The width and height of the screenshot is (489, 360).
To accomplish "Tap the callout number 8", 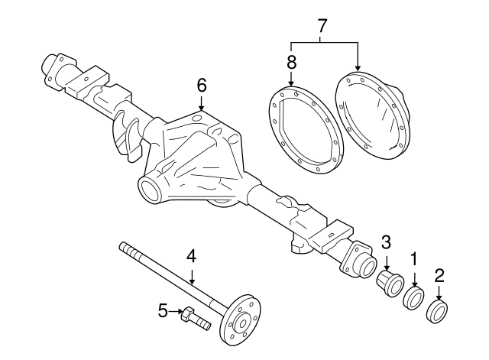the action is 291,62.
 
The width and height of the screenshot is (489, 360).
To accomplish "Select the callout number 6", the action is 202,85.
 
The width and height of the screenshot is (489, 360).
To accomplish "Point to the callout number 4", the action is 192,256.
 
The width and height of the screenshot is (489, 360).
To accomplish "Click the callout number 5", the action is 163,311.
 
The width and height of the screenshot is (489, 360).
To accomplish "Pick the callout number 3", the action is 386,242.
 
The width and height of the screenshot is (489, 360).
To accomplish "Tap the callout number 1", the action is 414,260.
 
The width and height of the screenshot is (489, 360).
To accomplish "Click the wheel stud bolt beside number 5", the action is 196,318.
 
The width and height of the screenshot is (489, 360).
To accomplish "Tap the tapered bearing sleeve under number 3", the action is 390,284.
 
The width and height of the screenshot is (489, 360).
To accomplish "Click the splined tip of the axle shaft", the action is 129,249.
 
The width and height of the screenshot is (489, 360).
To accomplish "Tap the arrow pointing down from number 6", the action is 202,103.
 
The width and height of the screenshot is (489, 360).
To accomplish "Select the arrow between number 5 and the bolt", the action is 176,311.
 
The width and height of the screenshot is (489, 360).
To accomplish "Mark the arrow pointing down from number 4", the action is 192,276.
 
